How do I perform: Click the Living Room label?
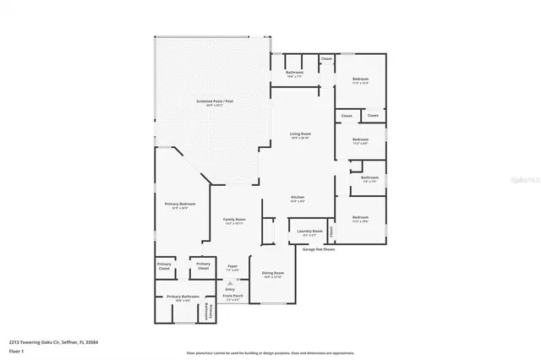pos(300,134)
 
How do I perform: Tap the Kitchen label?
pos(298,196)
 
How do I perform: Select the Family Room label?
pos(234,219)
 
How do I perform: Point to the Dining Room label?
pos(272,274)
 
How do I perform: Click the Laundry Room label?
pos(310,231)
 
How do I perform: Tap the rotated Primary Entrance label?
pos(211,311)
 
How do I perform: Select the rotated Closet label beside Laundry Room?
pos(332,230)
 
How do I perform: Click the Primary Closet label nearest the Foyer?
pos(203,265)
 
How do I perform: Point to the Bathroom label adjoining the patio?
pos(294,74)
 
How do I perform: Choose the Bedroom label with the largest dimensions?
pos(360,80)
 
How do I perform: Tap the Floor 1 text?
pos(15,350)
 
